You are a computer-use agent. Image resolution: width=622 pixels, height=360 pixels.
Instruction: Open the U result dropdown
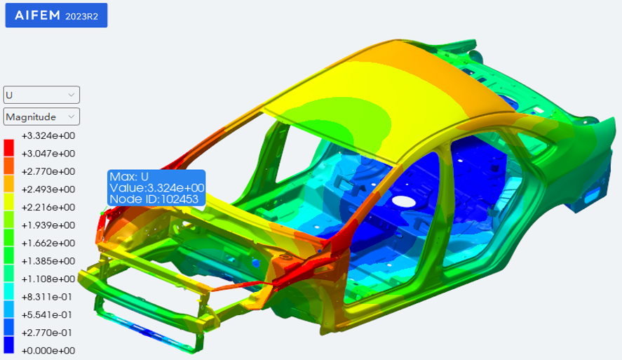(x=41, y=95)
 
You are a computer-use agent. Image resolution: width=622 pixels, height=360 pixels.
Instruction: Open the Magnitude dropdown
(x=41, y=116)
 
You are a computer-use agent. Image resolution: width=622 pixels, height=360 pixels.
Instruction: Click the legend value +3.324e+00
(x=48, y=135)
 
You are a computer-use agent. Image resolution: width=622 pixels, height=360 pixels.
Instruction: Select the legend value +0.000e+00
(x=48, y=350)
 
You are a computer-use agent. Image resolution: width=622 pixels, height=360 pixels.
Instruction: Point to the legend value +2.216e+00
(x=48, y=207)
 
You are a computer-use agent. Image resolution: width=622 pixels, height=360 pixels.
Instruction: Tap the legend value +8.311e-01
(x=48, y=296)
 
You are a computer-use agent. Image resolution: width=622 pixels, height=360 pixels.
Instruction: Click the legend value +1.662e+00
(x=48, y=243)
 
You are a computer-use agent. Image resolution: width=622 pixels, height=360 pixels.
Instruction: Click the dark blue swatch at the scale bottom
(x=9, y=345)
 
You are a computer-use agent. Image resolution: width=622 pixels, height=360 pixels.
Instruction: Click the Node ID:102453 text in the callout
(x=153, y=199)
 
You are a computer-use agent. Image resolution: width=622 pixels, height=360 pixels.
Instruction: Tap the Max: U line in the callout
(x=129, y=177)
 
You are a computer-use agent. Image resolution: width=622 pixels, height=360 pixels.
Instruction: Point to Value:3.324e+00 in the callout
(x=156, y=188)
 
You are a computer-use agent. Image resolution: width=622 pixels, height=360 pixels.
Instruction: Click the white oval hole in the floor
(x=403, y=201)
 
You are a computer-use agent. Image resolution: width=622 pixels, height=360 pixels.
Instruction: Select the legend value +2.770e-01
(x=48, y=332)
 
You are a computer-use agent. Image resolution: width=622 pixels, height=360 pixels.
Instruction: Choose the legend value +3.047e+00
(x=48, y=153)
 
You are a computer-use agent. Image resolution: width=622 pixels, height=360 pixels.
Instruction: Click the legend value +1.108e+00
(x=48, y=279)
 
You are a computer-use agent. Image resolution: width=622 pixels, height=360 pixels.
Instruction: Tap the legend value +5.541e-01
(x=48, y=314)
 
